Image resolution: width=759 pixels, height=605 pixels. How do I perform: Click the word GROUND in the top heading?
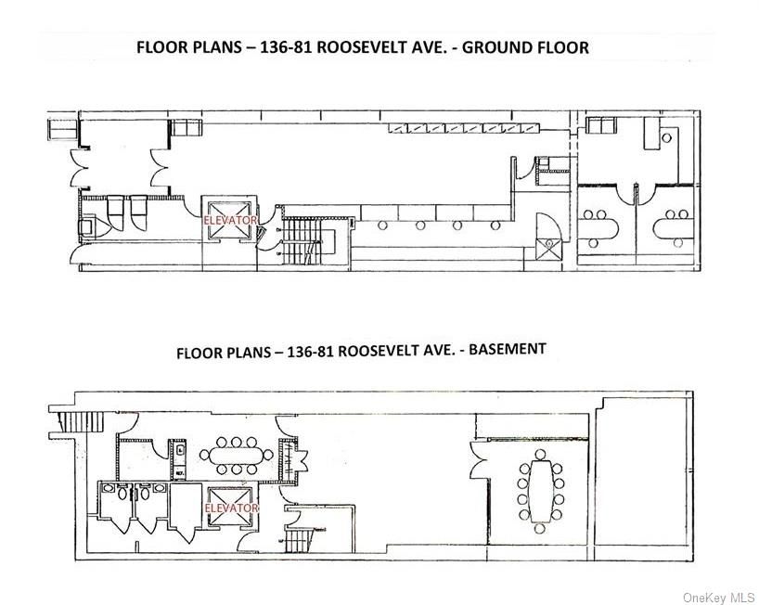click(x=497, y=47)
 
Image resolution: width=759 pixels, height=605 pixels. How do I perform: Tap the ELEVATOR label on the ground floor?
click(x=229, y=221)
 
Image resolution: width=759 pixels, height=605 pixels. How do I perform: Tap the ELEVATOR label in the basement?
click(x=230, y=508)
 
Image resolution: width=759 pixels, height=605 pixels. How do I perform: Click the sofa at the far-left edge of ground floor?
click(x=62, y=127)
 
